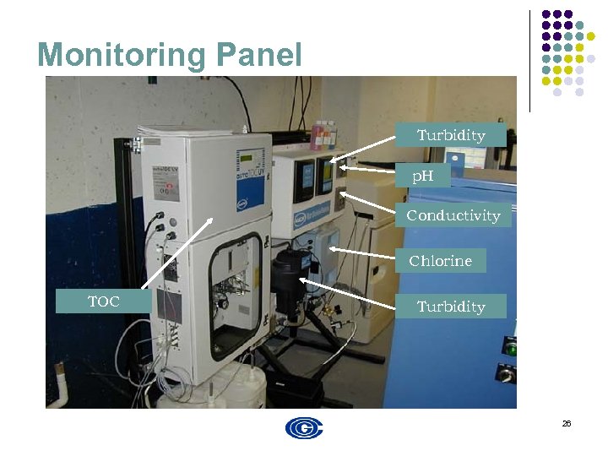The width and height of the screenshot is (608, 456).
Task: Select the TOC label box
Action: tap(104, 301)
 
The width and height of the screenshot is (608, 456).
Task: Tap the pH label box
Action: tap(422, 176)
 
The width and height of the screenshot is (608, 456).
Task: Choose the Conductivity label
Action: tap(453, 215)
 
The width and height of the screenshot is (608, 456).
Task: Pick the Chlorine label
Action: tap(440, 261)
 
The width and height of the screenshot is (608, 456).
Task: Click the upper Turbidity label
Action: tap(451, 135)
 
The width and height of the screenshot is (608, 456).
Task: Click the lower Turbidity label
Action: tap(451, 307)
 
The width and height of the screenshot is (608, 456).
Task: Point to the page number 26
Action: tap(567, 423)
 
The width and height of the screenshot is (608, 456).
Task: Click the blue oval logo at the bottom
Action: tap(304, 428)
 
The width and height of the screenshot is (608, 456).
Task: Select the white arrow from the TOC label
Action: tap(177, 253)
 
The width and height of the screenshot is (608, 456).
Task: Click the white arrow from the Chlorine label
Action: tap(361, 252)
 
